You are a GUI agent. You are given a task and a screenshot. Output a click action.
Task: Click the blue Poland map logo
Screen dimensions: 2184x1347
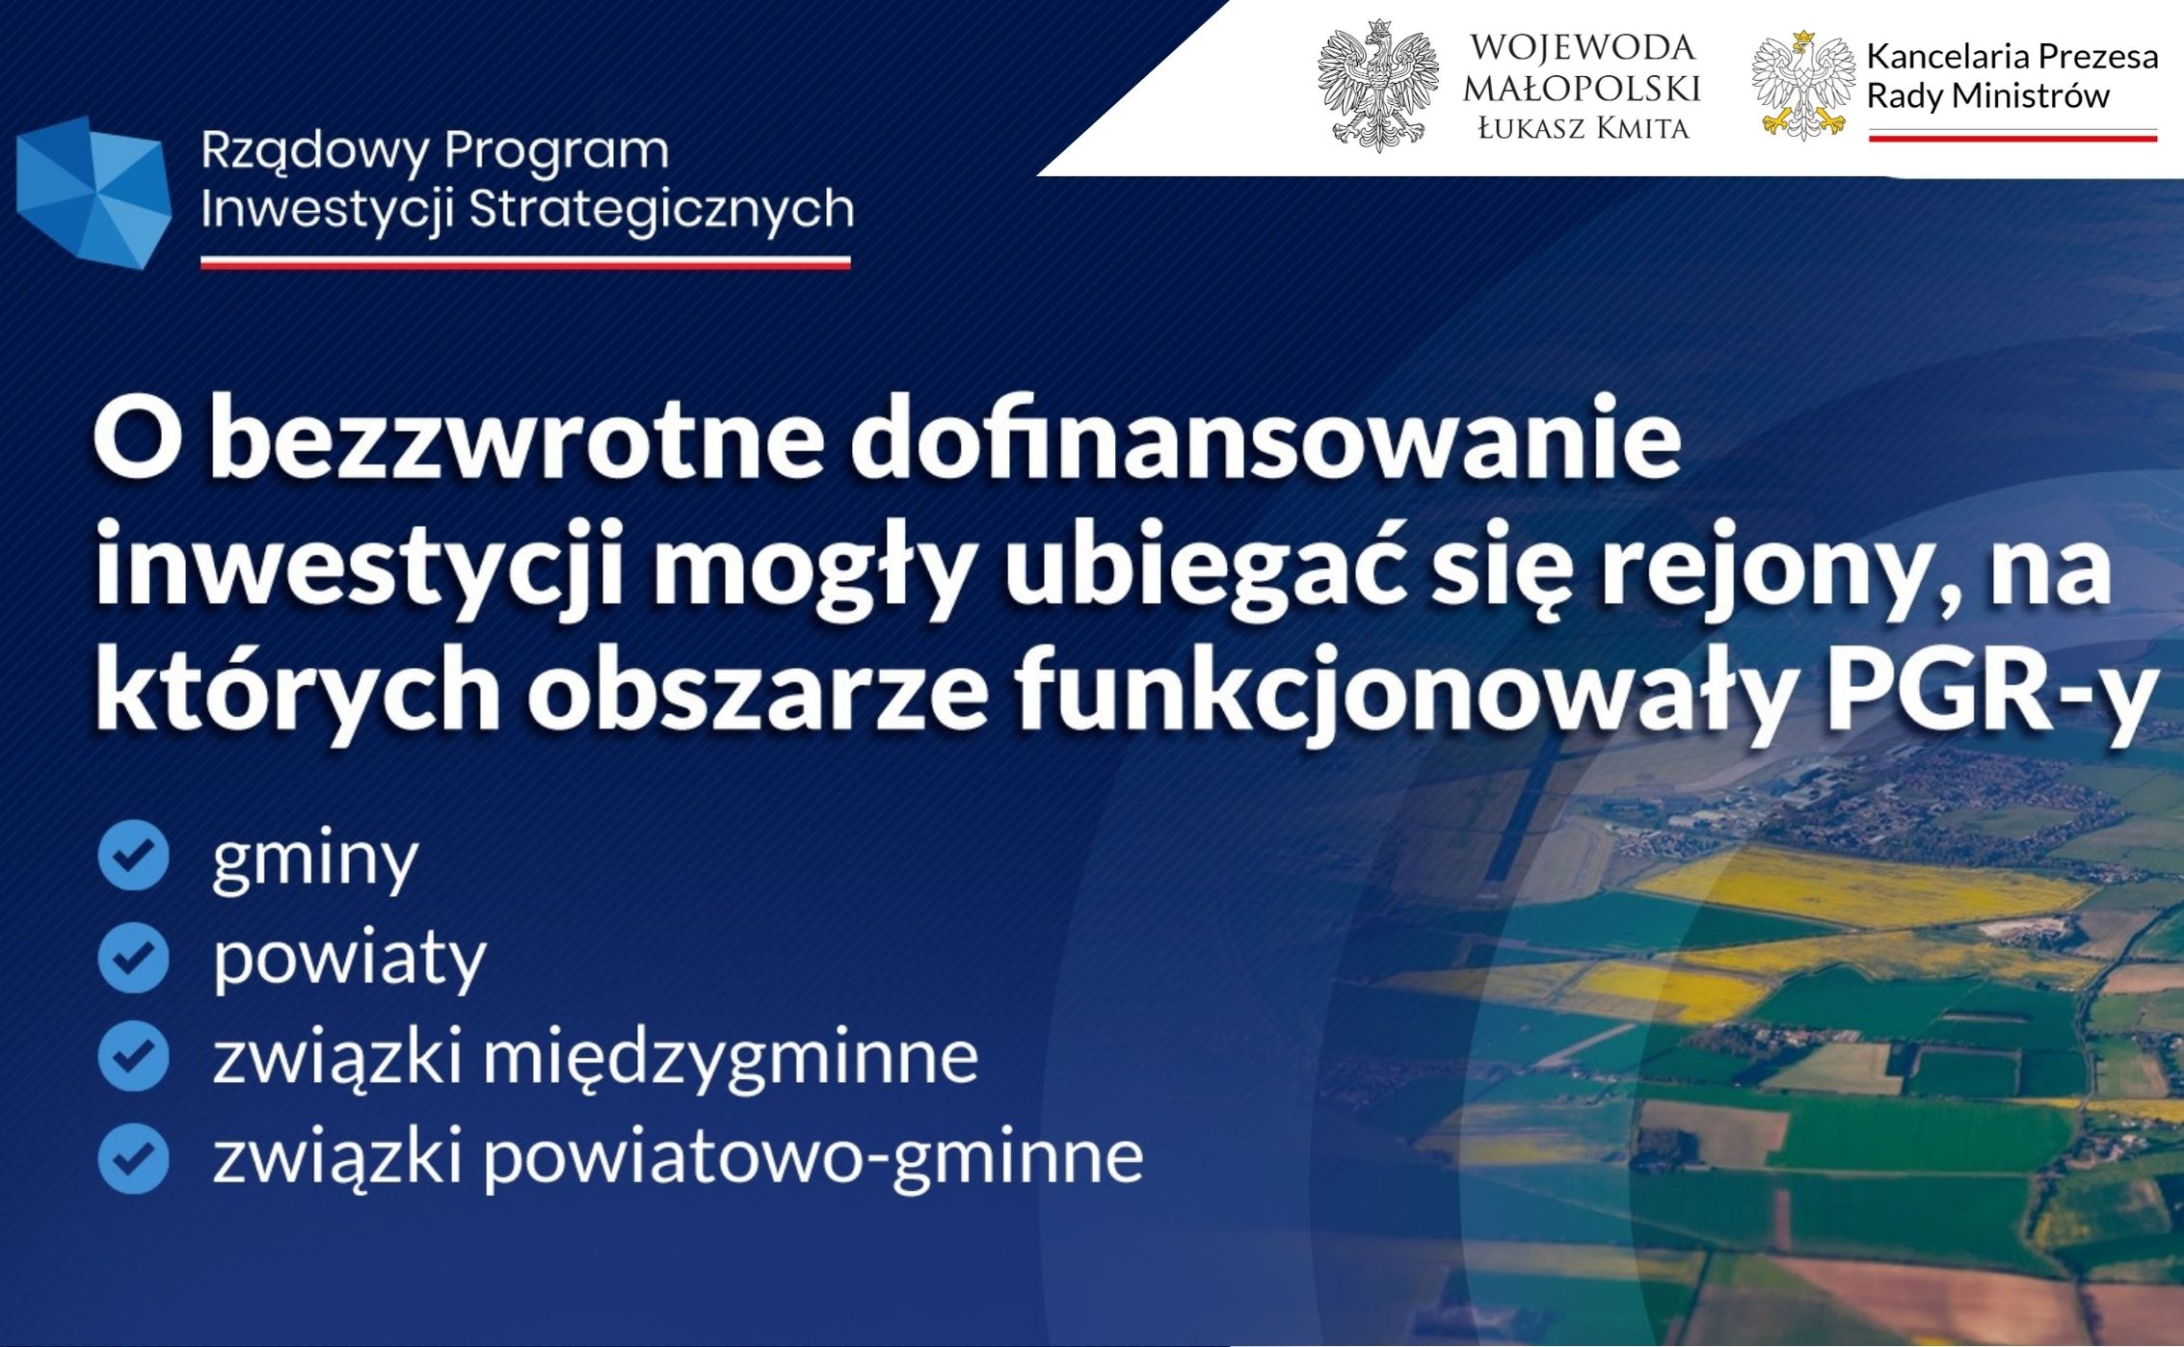93,193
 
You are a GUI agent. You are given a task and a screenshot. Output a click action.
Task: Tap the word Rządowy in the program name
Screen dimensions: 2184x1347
315,152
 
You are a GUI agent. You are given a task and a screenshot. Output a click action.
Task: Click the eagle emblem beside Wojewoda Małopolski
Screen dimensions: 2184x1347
1378,86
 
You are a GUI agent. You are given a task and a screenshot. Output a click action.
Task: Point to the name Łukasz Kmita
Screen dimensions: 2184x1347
1584,128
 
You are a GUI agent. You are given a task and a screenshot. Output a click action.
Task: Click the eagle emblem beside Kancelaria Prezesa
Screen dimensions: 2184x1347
1803,86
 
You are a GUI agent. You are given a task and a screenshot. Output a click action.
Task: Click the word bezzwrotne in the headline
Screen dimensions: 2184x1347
518,439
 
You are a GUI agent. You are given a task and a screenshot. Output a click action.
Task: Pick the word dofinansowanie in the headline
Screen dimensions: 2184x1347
1265,438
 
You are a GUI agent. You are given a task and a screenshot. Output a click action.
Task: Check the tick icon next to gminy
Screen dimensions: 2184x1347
133,855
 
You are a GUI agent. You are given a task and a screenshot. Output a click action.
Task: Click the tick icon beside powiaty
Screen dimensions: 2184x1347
133,957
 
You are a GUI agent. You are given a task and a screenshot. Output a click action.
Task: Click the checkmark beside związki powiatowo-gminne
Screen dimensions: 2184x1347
133,1159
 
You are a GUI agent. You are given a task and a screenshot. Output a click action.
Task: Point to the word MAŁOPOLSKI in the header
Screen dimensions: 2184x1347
1582,89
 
